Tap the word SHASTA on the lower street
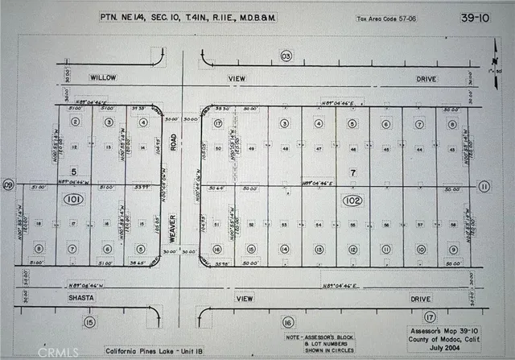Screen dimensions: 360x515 pos(82,297)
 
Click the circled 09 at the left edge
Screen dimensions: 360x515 pos(9,185)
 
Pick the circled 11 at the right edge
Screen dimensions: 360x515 pos(484,186)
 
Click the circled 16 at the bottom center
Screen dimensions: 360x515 pos(286,323)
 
